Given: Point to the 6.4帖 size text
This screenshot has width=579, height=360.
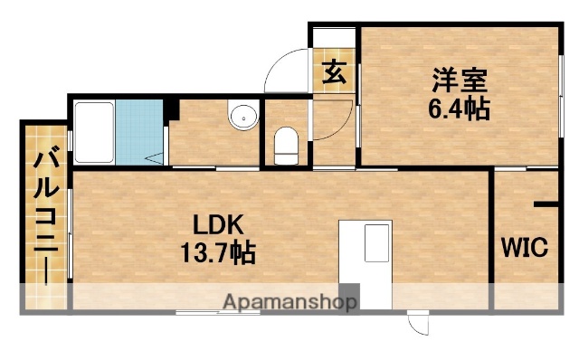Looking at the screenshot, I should coord(460,109).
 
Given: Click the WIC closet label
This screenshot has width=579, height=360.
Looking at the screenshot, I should coord(526,247).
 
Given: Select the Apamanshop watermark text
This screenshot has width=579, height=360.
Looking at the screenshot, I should coord(289,301).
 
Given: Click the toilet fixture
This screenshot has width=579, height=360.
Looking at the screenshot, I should coord(287,145).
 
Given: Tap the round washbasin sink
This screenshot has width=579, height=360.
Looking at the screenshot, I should coord(241,116).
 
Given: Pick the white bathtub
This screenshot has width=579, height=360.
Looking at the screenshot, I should coord(93,131).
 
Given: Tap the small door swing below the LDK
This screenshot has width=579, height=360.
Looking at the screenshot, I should coord(419,324).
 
